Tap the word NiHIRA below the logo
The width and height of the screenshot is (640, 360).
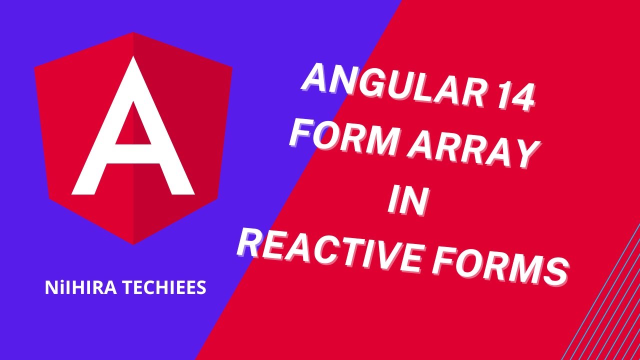(x=72, y=288)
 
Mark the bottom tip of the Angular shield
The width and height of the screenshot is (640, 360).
(x=133, y=243)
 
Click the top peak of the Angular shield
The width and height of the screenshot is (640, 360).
(x=133, y=33)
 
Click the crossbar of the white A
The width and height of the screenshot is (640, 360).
(x=133, y=154)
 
